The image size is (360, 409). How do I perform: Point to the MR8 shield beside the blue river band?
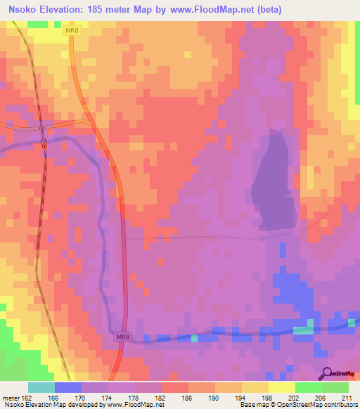tap(122, 338)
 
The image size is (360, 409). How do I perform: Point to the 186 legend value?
tap(188, 398)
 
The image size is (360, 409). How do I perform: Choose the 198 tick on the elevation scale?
tap(269, 398)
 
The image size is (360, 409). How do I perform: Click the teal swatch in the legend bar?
tap(41, 387)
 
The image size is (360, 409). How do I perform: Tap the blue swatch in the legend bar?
tap(68, 387)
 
